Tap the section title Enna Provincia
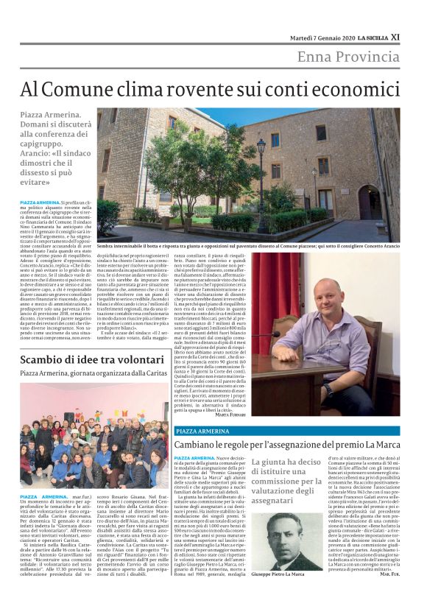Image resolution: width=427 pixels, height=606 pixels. tap(347, 57)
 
